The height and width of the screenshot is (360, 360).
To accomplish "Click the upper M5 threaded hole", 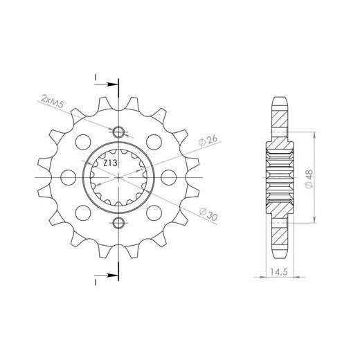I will (x=118, y=133).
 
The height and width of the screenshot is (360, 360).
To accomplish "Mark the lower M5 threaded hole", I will (x=118, y=222).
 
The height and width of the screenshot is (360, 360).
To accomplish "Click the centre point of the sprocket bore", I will (x=118, y=177).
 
